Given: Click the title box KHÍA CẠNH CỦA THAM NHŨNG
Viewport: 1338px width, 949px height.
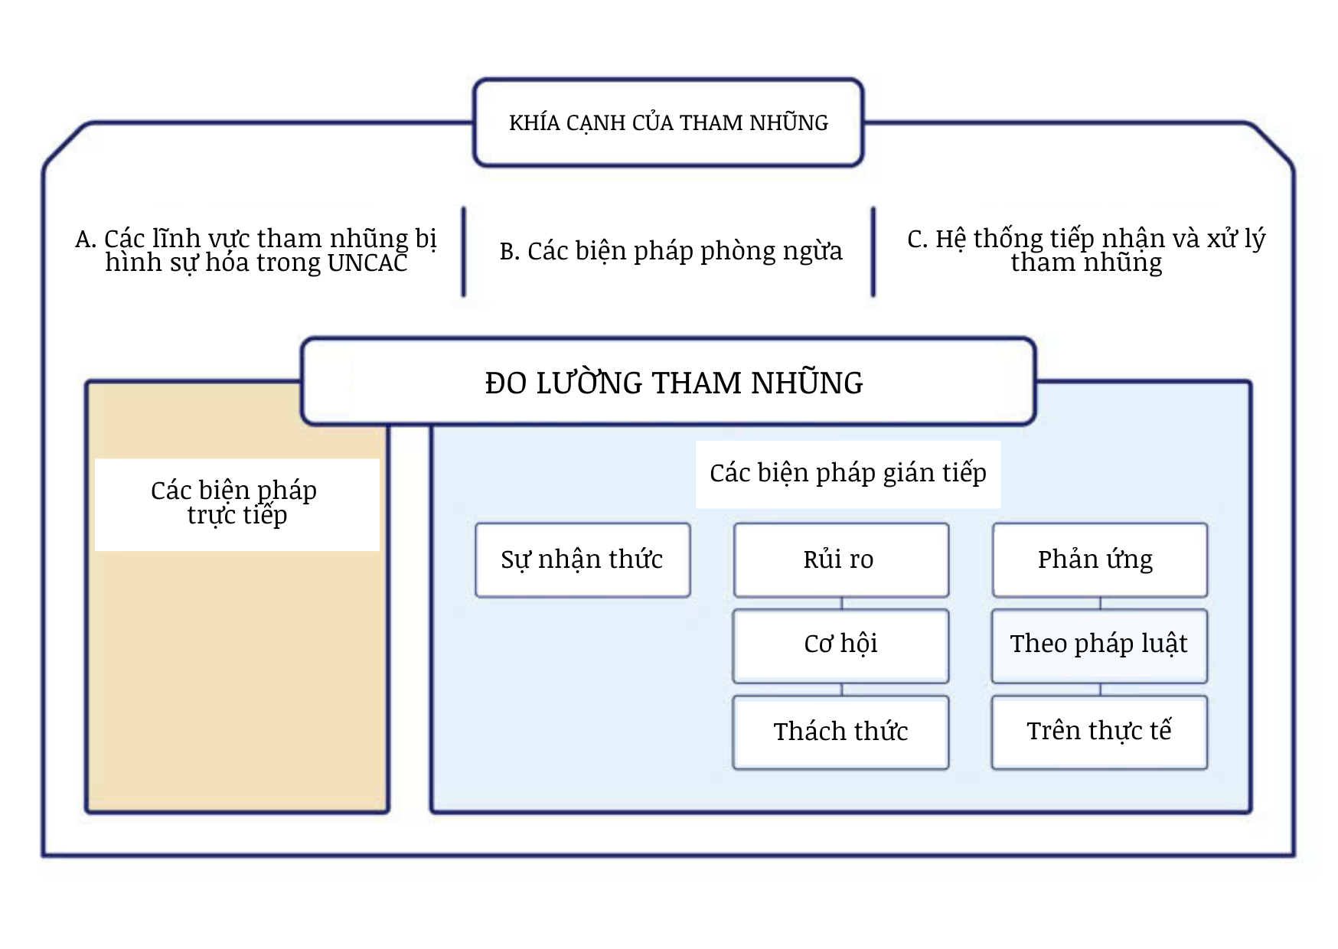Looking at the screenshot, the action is [x=668, y=122].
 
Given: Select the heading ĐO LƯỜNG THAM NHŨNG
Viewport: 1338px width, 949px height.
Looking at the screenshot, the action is [x=674, y=383].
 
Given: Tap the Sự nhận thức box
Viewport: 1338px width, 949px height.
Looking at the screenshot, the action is [x=583, y=560].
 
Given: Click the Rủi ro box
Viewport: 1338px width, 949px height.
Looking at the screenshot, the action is [x=841, y=560].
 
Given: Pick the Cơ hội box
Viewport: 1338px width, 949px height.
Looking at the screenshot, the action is [x=841, y=646].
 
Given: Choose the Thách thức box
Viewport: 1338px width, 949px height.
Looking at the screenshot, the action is [x=841, y=732].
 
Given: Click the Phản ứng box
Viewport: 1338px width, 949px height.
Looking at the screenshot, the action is [x=1100, y=560].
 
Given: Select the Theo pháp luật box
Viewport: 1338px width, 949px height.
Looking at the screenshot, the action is [x=1100, y=646].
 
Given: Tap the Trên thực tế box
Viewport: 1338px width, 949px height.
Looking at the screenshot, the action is [x=1100, y=732].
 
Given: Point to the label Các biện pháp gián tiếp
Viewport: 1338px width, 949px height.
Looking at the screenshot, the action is [x=848, y=474].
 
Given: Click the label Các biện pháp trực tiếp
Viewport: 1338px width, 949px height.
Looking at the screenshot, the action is [x=234, y=503].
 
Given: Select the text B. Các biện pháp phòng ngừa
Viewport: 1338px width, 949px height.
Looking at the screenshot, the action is [x=671, y=251].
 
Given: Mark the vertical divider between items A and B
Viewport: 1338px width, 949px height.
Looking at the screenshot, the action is [x=464, y=251].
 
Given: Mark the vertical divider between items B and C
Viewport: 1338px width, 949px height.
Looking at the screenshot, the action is [x=873, y=251].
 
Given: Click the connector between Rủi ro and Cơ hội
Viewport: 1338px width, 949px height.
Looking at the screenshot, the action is [x=842, y=603].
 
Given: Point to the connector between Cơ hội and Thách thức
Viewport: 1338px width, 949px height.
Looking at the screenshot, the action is [x=842, y=690].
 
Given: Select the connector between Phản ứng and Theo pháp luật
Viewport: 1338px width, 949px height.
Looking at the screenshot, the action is [x=1101, y=603].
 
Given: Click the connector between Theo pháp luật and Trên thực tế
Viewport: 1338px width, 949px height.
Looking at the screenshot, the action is [x=1101, y=690].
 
